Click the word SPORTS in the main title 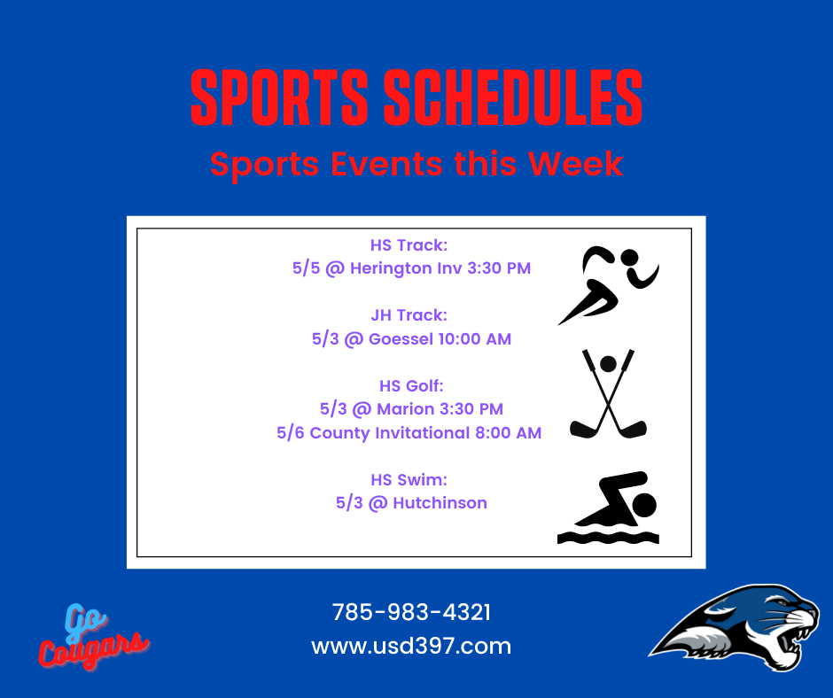(x=279, y=97)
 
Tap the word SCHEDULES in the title (x=513, y=97)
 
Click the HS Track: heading (x=409, y=244)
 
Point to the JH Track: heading (x=409, y=315)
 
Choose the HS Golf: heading (x=411, y=385)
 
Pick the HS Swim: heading (x=409, y=480)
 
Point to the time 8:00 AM (x=509, y=433)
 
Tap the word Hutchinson (x=440, y=503)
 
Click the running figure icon (x=608, y=285)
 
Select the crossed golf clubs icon (x=608, y=394)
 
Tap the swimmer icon (x=608, y=508)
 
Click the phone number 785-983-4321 (x=411, y=612)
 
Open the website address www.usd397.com (x=411, y=646)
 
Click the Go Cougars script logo (x=92, y=636)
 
